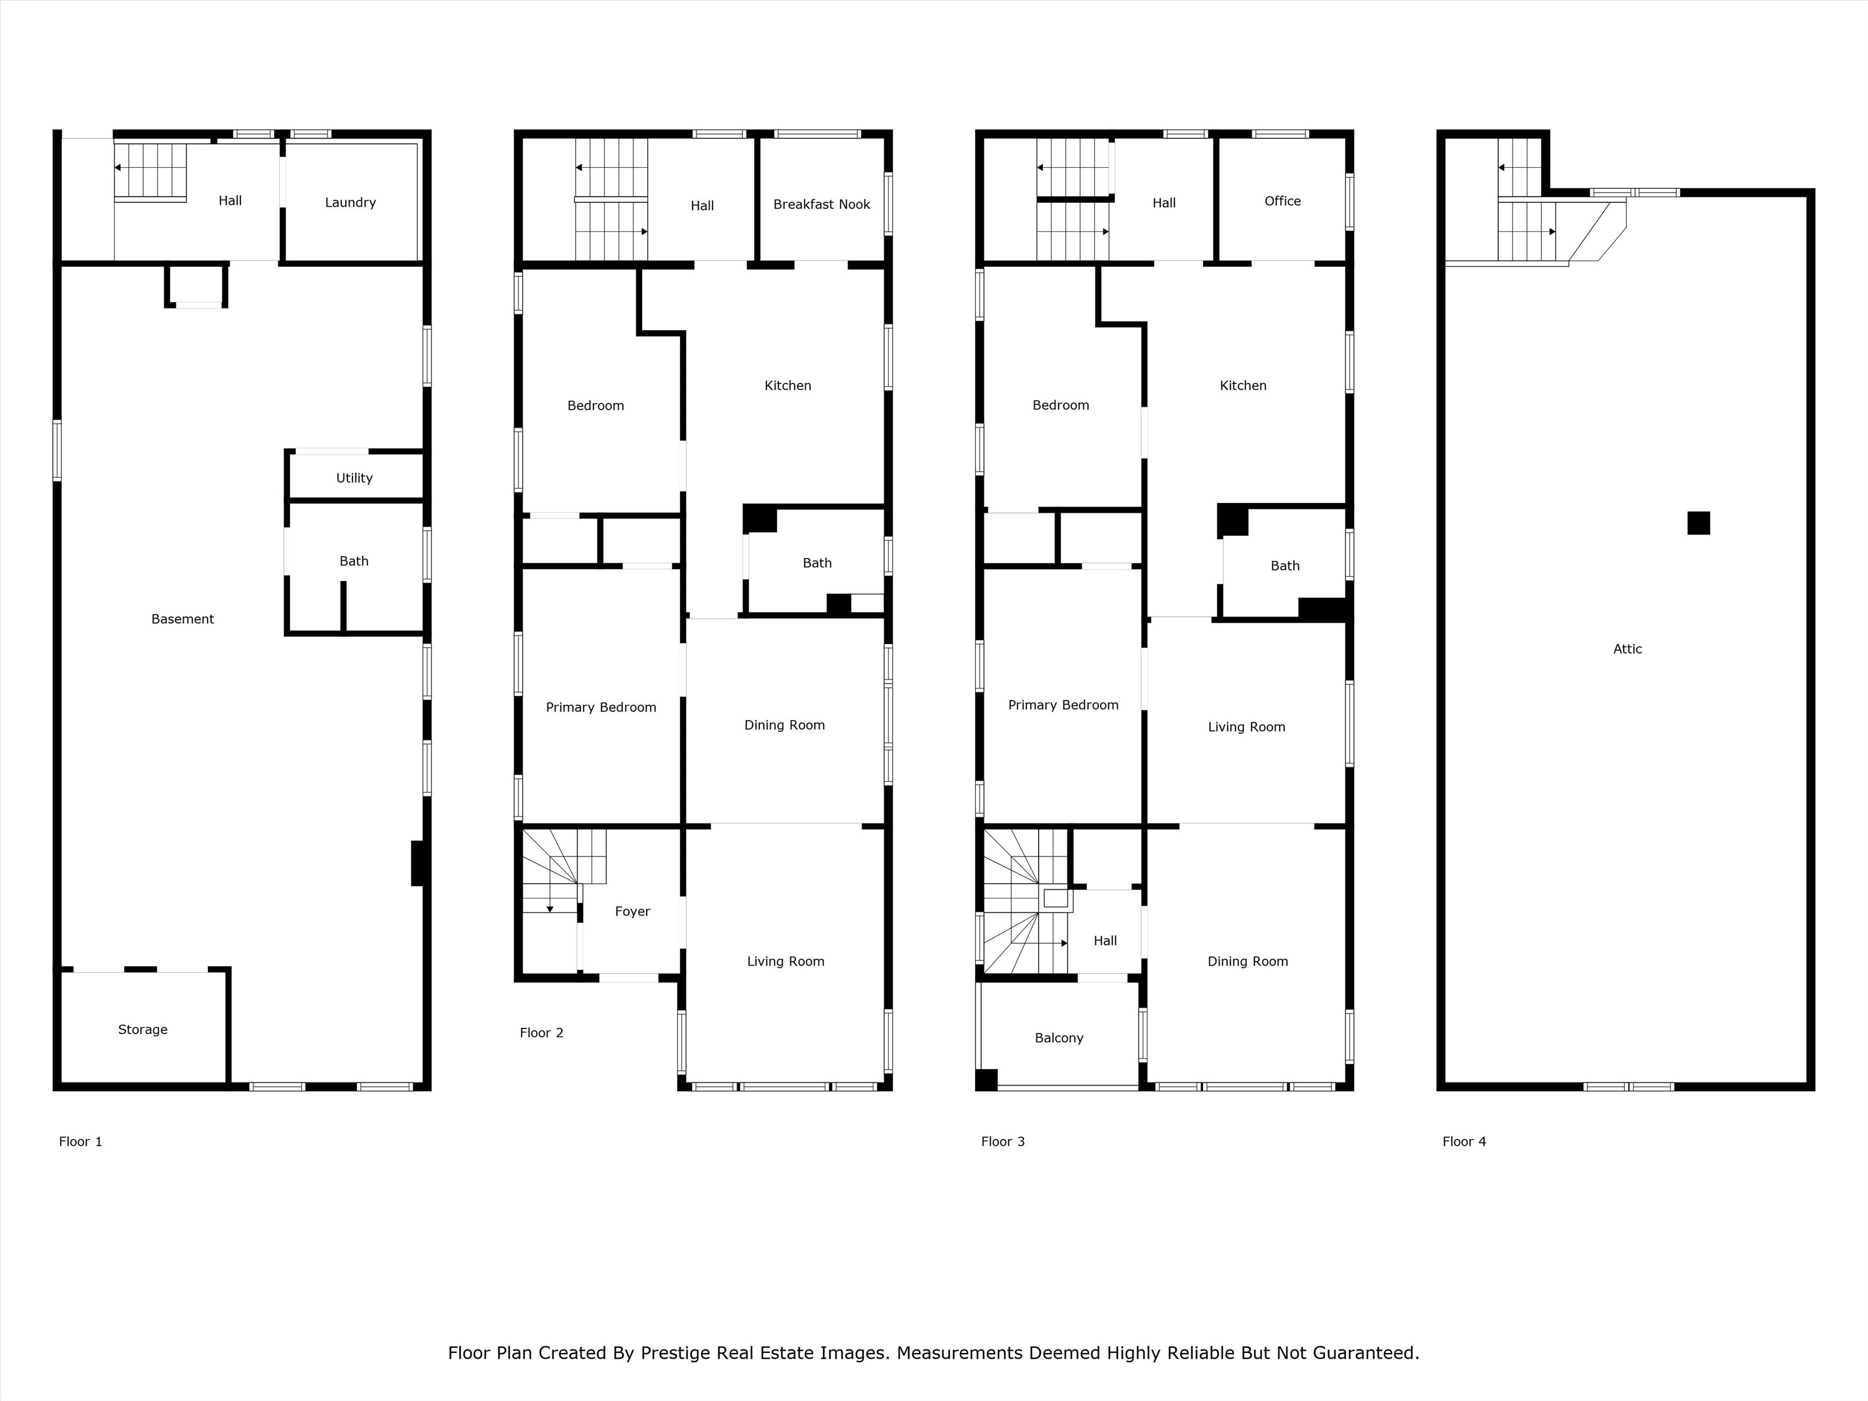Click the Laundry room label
click(350, 203)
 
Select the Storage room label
click(143, 1030)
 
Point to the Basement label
click(183, 619)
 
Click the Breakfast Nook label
click(822, 204)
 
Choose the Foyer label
click(632, 911)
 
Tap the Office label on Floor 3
click(1283, 201)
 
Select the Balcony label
click(1059, 1038)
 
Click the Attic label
click(1627, 648)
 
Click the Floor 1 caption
click(80, 1142)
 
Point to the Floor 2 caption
click(541, 1033)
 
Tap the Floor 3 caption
click(1003, 1142)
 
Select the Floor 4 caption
click(1465, 1142)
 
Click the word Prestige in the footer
click(675, 1353)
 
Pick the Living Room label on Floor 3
click(1246, 727)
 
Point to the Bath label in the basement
click(354, 561)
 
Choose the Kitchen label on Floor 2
click(788, 385)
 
